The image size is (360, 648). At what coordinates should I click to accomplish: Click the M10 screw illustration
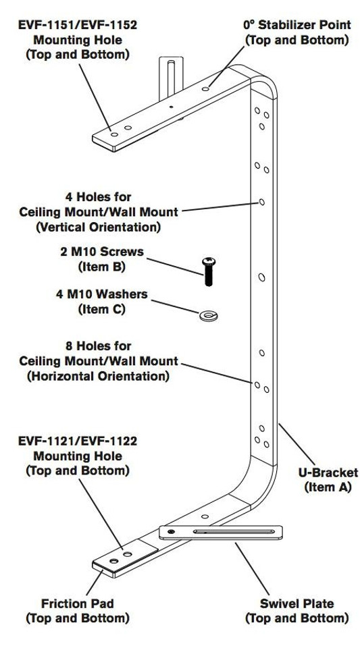208,271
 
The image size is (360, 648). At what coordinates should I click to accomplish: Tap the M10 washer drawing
209,316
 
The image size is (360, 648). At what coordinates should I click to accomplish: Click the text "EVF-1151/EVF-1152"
77,25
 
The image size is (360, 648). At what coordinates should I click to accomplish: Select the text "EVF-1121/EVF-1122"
77,441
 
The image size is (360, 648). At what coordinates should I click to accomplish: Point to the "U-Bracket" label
328,472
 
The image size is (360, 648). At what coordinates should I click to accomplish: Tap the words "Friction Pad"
77,603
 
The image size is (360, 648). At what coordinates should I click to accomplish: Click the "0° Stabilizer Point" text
297,25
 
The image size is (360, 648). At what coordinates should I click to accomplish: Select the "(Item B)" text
101,267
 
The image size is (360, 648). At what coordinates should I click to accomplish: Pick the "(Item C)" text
101,309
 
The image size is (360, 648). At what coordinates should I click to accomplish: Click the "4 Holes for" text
98,196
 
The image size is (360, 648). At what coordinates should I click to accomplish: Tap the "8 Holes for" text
98,346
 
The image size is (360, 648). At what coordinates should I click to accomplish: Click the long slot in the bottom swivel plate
234,531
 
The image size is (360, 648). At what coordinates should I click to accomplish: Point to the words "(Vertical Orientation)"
98,227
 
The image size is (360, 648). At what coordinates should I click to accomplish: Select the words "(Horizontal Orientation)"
98,376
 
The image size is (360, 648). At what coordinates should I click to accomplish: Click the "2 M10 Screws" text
102,251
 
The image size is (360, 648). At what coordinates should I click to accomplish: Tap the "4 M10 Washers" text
102,294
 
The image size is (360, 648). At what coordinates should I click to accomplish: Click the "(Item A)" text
328,487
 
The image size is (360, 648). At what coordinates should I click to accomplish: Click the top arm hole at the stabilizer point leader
205,89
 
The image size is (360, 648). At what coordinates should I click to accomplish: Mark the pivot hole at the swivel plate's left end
171,531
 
